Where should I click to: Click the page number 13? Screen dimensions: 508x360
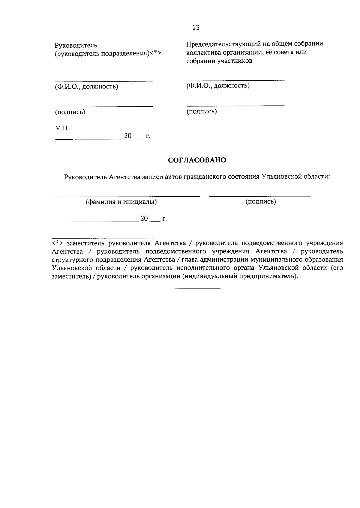tap(196, 28)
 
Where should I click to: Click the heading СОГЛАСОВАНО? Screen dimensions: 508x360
tap(197, 160)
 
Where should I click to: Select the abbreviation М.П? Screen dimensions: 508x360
tap(61, 128)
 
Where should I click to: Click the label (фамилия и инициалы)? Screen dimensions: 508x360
tap(121, 202)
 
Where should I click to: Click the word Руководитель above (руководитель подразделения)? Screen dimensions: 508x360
tap(76, 46)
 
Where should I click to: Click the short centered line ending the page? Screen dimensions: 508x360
tap(197, 289)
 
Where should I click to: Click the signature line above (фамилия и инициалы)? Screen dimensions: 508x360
tap(126, 197)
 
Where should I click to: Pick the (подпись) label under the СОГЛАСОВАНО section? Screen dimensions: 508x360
tap(261, 201)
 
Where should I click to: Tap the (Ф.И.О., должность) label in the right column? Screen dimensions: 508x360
tap(218, 86)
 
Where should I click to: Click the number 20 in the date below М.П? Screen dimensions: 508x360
tap(128, 136)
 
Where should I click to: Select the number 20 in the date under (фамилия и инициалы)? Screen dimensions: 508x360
tap(144, 218)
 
